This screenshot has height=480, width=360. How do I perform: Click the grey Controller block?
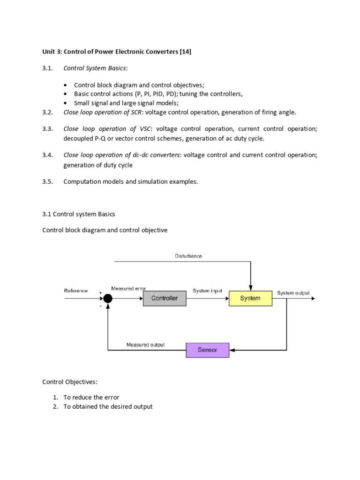[165, 298]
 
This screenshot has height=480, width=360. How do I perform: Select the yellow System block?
[250, 298]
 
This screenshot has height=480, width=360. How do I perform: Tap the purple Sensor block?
[208, 350]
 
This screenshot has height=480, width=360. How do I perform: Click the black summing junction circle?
[108, 298]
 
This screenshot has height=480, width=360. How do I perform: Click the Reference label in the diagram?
[75, 291]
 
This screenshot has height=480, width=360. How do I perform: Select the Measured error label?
[129, 288]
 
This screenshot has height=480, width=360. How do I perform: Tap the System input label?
[207, 291]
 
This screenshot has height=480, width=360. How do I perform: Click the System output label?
[293, 293]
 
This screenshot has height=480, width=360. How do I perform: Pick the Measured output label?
[145, 345]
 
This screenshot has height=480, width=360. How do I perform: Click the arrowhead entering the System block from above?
[251, 288]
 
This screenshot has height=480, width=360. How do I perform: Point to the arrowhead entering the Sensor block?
[232, 350]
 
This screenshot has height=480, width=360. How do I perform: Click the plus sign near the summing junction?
[100, 293]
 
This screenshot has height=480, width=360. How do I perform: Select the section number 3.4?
[47, 155]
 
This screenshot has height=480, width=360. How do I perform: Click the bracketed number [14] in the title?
[185, 52]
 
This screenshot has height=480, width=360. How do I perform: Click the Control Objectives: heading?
[70, 382]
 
